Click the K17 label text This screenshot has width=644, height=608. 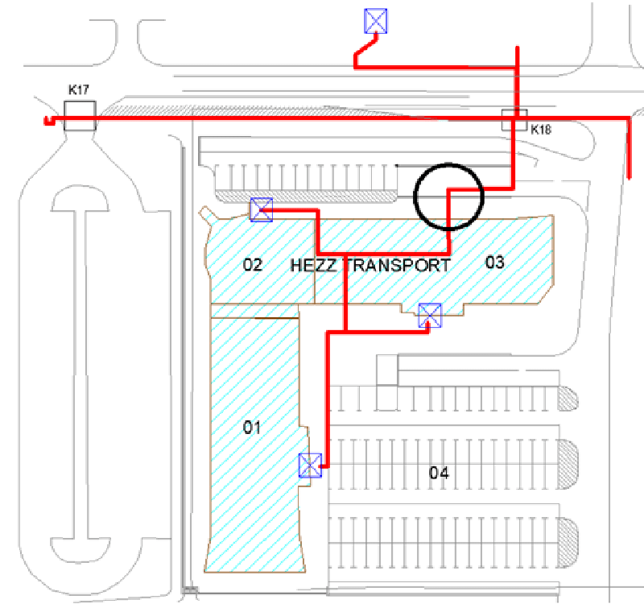[78, 91]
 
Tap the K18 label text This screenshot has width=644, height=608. [539, 127]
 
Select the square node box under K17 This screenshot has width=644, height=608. [80, 116]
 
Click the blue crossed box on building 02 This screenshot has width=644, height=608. [262, 209]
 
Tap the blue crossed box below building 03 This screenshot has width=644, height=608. [430, 315]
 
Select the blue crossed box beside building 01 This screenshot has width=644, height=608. [310, 465]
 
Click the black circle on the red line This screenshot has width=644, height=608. [448, 196]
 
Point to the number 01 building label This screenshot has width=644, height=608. [253, 428]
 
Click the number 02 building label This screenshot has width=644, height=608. [253, 264]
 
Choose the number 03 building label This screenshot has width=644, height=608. [494, 262]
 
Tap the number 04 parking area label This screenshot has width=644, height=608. [438, 473]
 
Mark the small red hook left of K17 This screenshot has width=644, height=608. [48, 122]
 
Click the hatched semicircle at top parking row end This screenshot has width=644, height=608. [570, 398]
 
